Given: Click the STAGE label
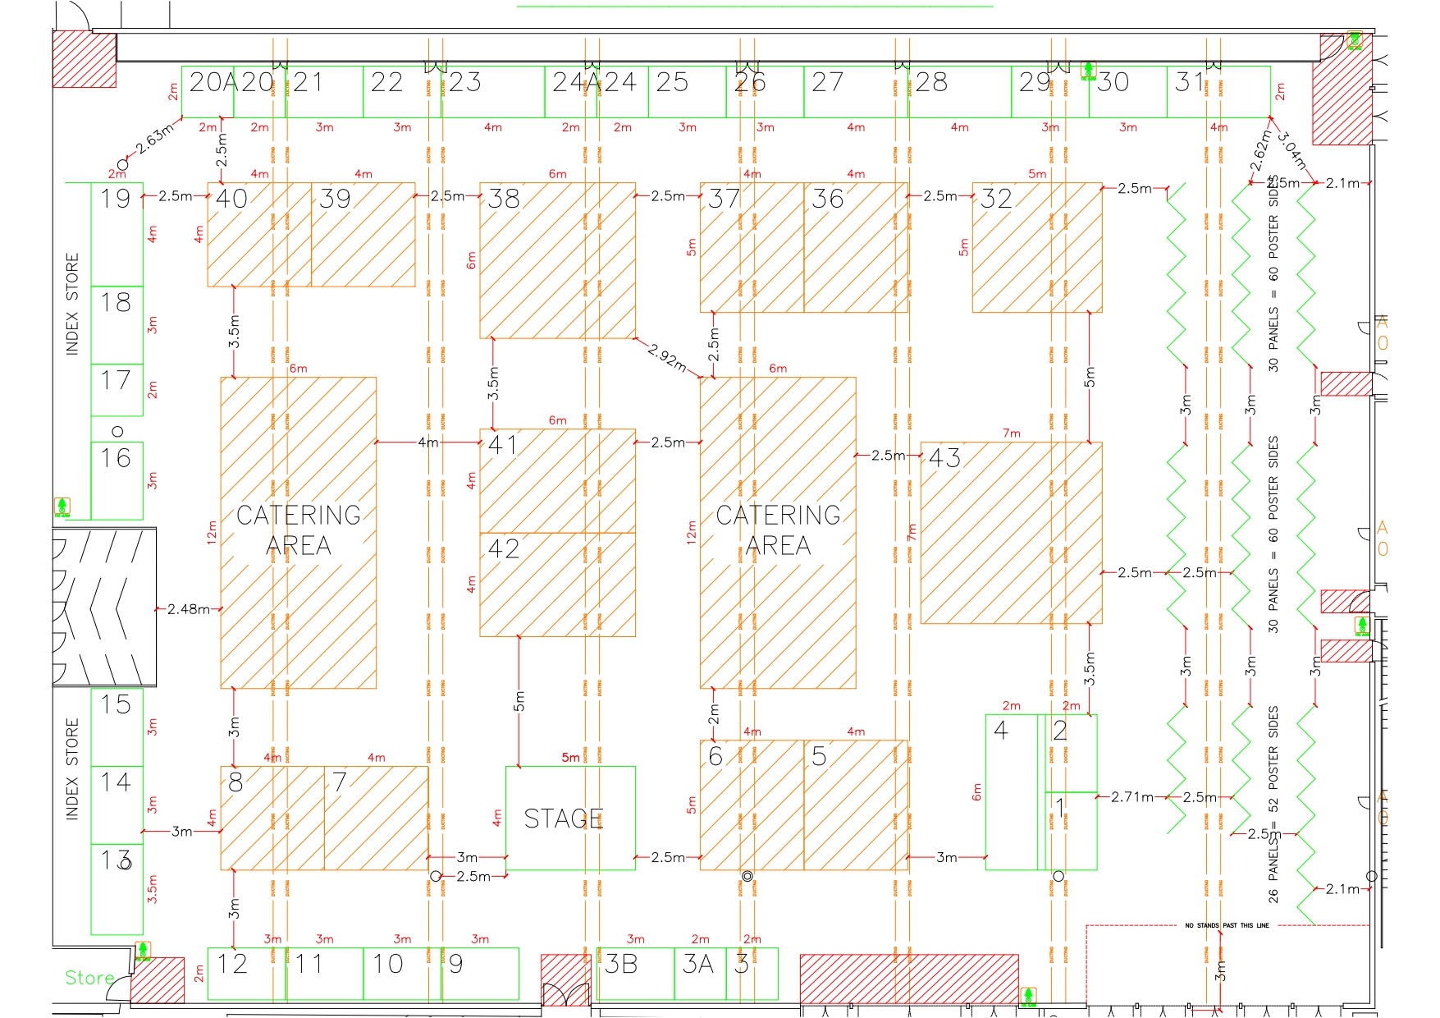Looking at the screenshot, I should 564,819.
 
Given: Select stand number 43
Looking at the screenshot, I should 944,458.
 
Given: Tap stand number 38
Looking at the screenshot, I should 503,199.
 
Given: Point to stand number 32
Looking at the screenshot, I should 996,199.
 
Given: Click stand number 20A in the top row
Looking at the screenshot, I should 213,82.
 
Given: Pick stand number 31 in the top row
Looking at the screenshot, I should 1189,82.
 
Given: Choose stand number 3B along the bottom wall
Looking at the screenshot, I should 620,964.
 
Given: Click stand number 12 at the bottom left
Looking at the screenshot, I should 231,964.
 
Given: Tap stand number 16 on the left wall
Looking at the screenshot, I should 116,458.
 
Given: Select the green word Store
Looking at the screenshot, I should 89,978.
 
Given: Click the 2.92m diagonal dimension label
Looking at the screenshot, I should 666,357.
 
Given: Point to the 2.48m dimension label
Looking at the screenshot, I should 188,609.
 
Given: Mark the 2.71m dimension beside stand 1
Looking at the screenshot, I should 1131,796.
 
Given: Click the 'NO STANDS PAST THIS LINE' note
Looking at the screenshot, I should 1227,925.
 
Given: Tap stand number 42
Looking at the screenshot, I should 503,548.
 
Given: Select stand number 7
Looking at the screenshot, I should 339,782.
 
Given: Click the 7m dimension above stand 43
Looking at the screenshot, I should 1011,433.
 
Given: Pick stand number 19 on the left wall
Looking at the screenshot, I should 116,199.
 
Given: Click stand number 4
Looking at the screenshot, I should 1000,730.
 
